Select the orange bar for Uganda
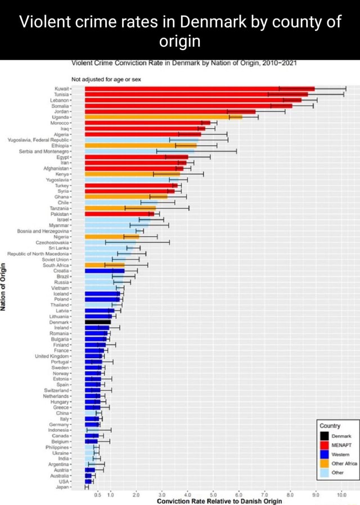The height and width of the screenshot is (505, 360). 163,117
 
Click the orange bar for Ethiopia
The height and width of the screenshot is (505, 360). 141,146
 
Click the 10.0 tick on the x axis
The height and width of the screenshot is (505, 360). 341,493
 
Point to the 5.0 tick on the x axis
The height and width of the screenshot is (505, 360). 213,493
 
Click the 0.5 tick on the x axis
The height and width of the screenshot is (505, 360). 97,493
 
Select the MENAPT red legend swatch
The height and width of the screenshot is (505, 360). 325,444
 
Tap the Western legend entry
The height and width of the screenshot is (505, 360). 340,454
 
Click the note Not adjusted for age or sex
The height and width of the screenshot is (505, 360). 107,79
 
